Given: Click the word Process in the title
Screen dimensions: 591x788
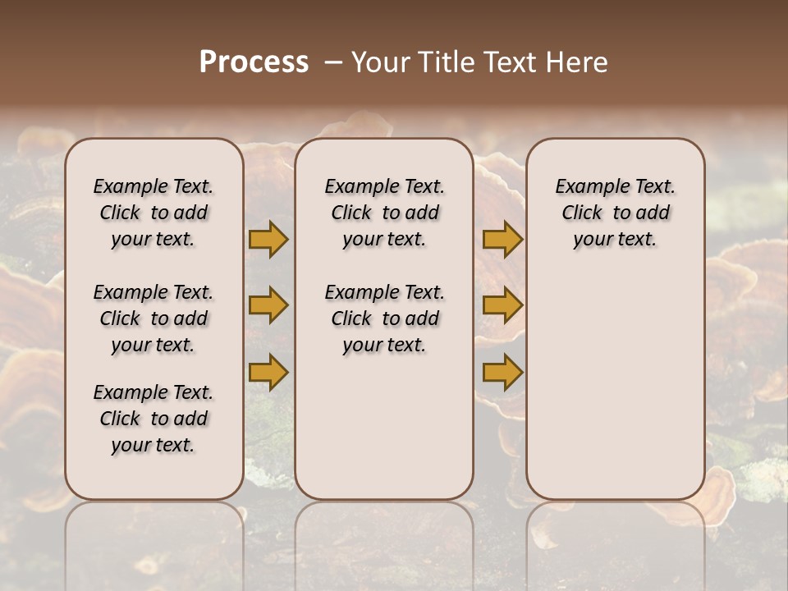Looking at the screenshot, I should tap(254, 62).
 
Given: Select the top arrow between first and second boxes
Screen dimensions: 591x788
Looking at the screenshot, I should tap(268, 240).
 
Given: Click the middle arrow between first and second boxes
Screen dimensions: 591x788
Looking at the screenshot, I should tap(268, 305).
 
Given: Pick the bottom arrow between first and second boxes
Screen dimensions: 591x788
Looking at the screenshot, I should tap(268, 373).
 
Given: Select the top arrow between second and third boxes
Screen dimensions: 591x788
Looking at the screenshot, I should tap(502, 240).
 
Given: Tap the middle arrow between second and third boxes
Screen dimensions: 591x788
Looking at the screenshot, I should tap(502, 305).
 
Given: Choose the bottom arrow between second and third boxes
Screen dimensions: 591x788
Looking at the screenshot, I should tap(502, 373).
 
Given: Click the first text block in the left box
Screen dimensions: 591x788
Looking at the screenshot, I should tap(153, 213).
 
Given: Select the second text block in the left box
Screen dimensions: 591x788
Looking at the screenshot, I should tap(153, 318).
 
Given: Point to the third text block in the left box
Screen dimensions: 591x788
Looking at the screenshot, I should tap(153, 419).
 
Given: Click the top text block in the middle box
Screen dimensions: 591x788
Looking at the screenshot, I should tap(385, 213).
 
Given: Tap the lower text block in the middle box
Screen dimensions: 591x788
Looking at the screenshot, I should tap(385, 318).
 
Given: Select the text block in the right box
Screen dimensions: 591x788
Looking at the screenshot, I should tap(616, 213).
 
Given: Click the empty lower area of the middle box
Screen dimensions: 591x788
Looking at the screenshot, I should tap(385, 427).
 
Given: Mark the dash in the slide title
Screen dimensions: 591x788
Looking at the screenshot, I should tap(333, 62).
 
